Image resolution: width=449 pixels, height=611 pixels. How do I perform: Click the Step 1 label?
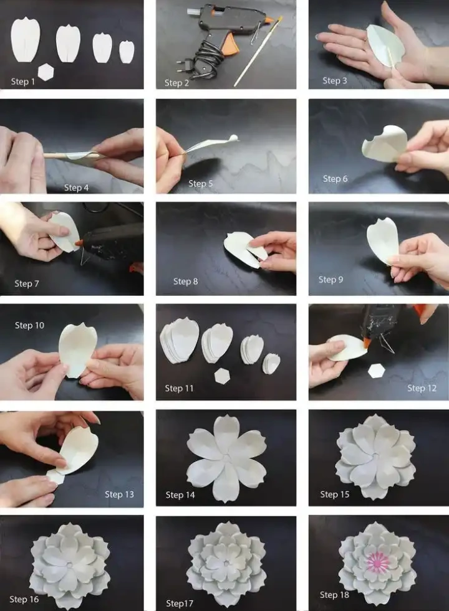pos(23,82)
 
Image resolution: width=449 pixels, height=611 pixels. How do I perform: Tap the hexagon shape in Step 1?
pos(46,72)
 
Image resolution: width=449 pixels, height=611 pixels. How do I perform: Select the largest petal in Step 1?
pos(26,40)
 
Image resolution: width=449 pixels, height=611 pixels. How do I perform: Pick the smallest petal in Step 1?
pos(127,52)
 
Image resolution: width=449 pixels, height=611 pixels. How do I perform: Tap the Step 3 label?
pos(335,81)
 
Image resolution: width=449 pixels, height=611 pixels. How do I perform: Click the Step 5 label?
pos(201,184)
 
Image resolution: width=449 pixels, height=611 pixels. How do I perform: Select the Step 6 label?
pos(335,179)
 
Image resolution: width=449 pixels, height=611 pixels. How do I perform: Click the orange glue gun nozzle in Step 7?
pos(79,243)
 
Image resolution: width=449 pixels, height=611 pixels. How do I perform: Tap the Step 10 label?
pos(30,325)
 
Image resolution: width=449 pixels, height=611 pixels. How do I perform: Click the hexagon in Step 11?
pos(222,375)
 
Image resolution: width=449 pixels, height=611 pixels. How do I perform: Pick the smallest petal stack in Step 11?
pos(271,363)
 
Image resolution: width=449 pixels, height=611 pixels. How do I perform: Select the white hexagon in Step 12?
pos(377,371)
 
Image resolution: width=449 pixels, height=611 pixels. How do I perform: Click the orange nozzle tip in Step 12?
pos(367,343)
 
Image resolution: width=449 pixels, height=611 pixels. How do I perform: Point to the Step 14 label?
pos(180,495)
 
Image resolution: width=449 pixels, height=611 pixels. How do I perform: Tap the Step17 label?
pos(180,604)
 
